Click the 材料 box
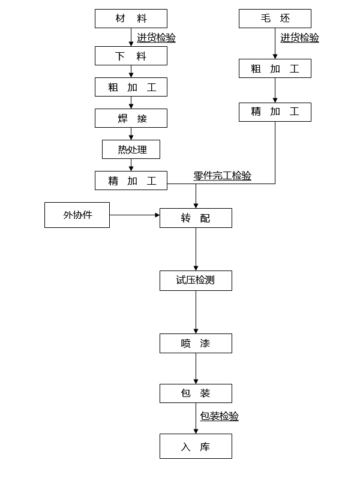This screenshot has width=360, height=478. [131, 19]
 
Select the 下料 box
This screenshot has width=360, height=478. [131, 56]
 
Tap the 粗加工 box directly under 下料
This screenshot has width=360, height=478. [131, 87]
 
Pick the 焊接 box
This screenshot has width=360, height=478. [131, 118]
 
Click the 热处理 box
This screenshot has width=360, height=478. [131, 149]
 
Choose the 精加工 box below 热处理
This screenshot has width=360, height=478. [131, 181]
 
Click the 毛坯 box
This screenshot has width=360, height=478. [275, 19]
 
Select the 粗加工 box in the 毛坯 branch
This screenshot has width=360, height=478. [275, 68]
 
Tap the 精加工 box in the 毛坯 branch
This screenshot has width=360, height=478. [275, 112]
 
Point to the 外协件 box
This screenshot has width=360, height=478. [77, 215]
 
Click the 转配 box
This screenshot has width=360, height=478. [196, 218]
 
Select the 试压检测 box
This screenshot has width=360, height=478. [196, 280]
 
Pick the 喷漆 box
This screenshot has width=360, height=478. [196, 343]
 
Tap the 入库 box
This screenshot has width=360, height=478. [196, 446]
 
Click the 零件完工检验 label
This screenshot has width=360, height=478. [222, 176]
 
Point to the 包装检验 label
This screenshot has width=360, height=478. [219, 416]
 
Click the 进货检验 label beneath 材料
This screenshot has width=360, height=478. [156, 38]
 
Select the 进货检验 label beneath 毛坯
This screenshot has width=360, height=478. [299, 38]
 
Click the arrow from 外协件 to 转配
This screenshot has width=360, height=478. [134, 215]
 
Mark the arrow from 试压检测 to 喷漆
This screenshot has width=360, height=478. [196, 312]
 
